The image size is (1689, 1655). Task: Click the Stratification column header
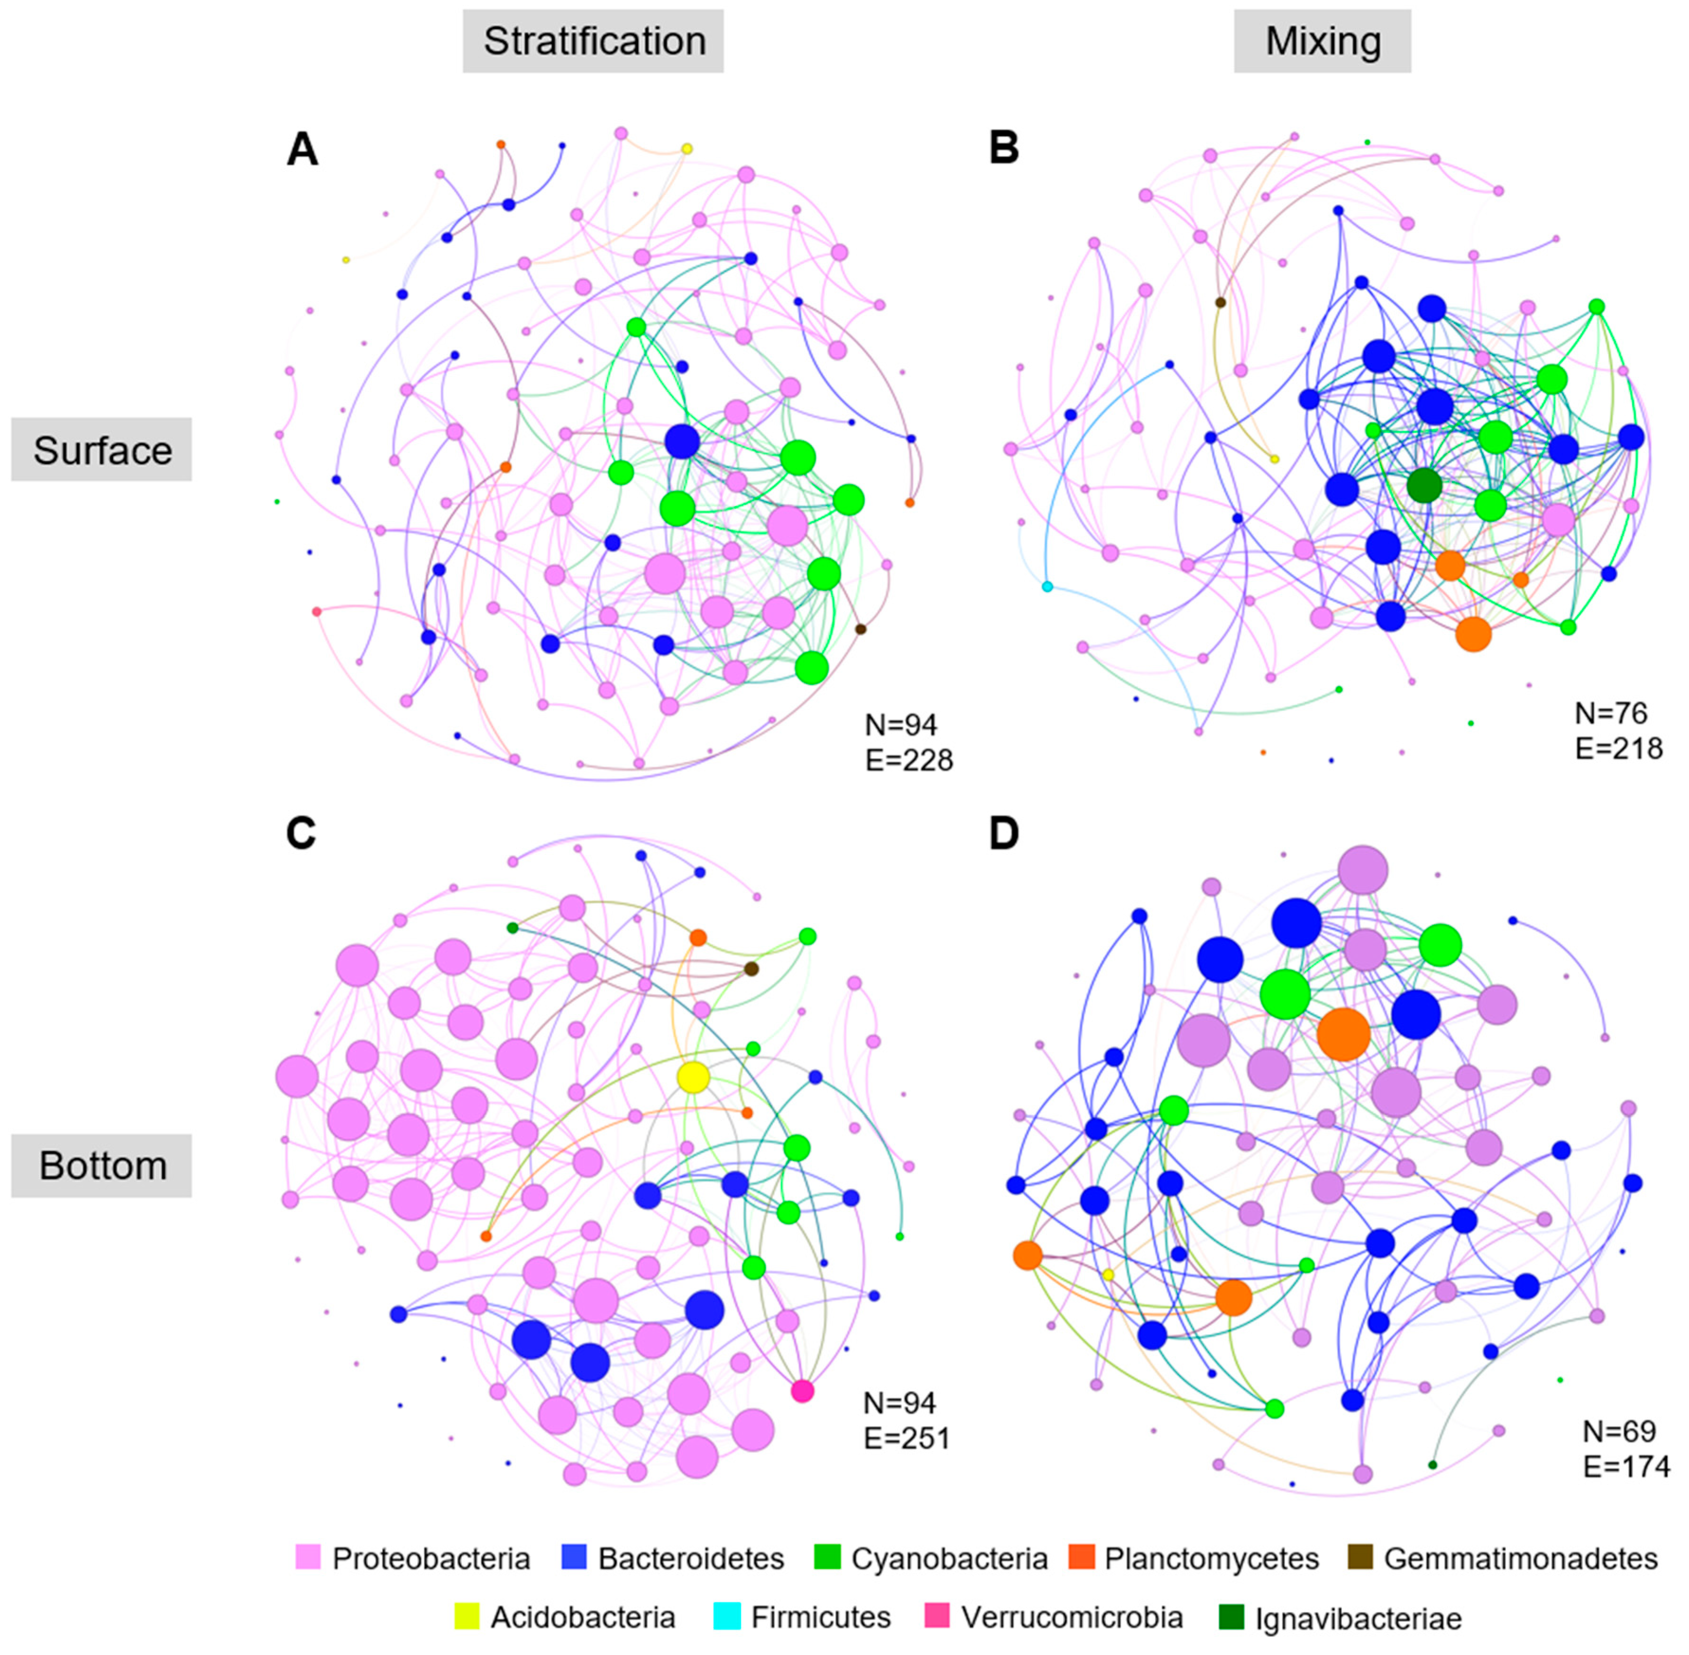[593, 41]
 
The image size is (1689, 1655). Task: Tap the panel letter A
[302, 149]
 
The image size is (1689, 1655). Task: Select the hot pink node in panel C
[803, 1391]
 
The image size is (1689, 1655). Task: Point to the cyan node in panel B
[1048, 587]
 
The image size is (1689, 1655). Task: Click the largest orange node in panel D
[1343, 1034]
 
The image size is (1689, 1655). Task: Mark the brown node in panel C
[751, 969]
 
